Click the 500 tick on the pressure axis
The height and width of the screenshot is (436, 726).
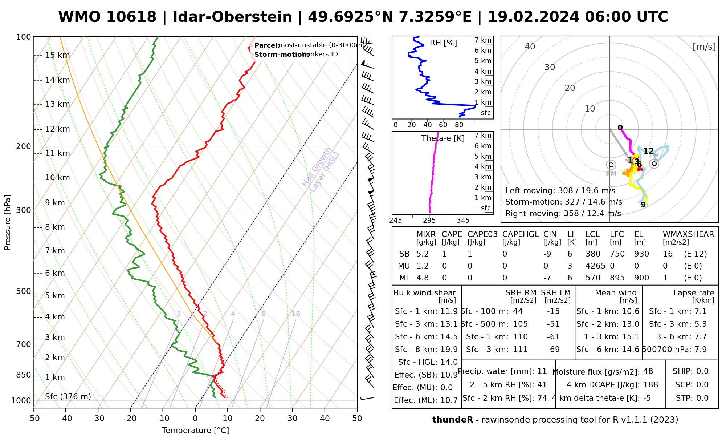click(x=23, y=291)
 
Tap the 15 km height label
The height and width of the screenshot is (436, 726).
click(x=57, y=55)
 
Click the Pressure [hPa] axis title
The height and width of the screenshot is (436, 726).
click(x=8, y=222)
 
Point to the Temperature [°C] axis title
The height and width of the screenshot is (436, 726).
click(x=195, y=431)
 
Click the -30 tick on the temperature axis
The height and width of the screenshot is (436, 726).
click(x=98, y=419)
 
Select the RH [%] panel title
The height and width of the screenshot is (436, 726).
click(x=443, y=43)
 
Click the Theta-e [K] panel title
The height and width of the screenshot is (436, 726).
click(x=443, y=138)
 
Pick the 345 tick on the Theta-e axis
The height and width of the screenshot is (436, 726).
click(x=463, y=220)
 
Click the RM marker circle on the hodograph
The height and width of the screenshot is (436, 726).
click(x=611, y=165)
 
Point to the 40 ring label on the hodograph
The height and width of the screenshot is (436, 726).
click(x=530, y=47)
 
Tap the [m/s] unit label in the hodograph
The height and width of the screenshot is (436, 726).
click(x=704, y=47)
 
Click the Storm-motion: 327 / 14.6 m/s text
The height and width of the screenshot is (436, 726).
click(x=563, y=202)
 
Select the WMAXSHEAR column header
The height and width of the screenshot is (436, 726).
click(x=688, y=234)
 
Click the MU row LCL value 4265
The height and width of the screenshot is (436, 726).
click(x=595, y=266)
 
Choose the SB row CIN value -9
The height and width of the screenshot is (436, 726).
click(x=547, y=254)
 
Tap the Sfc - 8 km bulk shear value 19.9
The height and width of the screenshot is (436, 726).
click(x=449, y=350)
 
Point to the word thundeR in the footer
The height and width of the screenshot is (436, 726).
click(x=452, y=420)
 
